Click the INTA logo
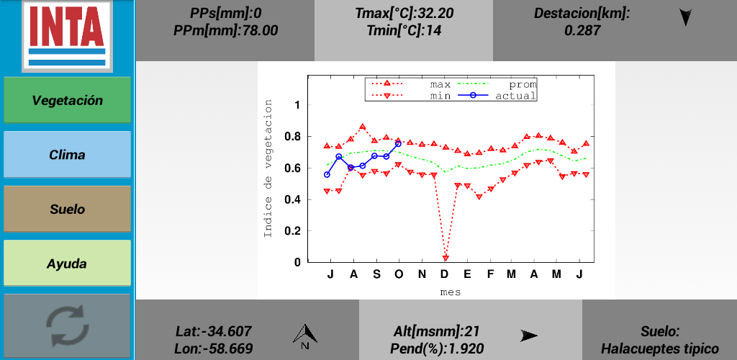click(67, 35)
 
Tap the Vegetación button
click(68, 101)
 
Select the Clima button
click(68, 155)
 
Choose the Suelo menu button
click(68, 210)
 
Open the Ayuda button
click(68, 264)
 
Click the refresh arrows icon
click(68, 325)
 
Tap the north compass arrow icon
click(306, 336)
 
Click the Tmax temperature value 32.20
click(430, 13)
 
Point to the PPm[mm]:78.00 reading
click(225, 30)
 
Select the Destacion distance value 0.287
click(582, 30)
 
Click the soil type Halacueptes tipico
click(660, 348)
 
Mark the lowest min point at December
click(446, 257)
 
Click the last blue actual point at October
click(398, 143)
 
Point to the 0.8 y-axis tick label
click(291, 137)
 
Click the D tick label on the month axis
click(444, 274)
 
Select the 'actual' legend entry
click(515, 95)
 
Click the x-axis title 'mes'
click(451, 292)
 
